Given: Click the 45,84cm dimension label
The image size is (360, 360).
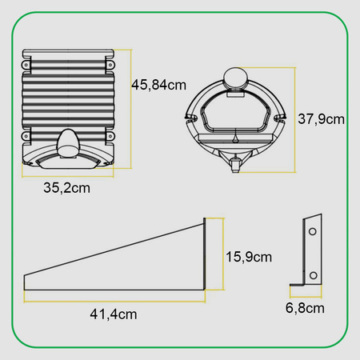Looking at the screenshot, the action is (x=158, y=85).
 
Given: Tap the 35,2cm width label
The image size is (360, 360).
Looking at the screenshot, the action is (x=66, y=188).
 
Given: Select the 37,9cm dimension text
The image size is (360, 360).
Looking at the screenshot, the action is (x=321, y=119).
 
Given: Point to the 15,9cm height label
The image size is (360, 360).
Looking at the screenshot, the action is (x=249, y=257).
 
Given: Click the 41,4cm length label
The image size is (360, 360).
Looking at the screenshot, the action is (x=114, y=314).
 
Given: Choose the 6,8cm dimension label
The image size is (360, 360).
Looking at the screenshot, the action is (x=305, y=308).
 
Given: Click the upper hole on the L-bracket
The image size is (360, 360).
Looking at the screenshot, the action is (x=313, y=231).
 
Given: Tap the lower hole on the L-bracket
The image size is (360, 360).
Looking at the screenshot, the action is (x=314, y=275).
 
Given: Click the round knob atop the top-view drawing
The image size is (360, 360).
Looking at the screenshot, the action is (x=235, y=77).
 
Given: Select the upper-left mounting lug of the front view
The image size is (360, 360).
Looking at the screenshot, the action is (x=26, y=65).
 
